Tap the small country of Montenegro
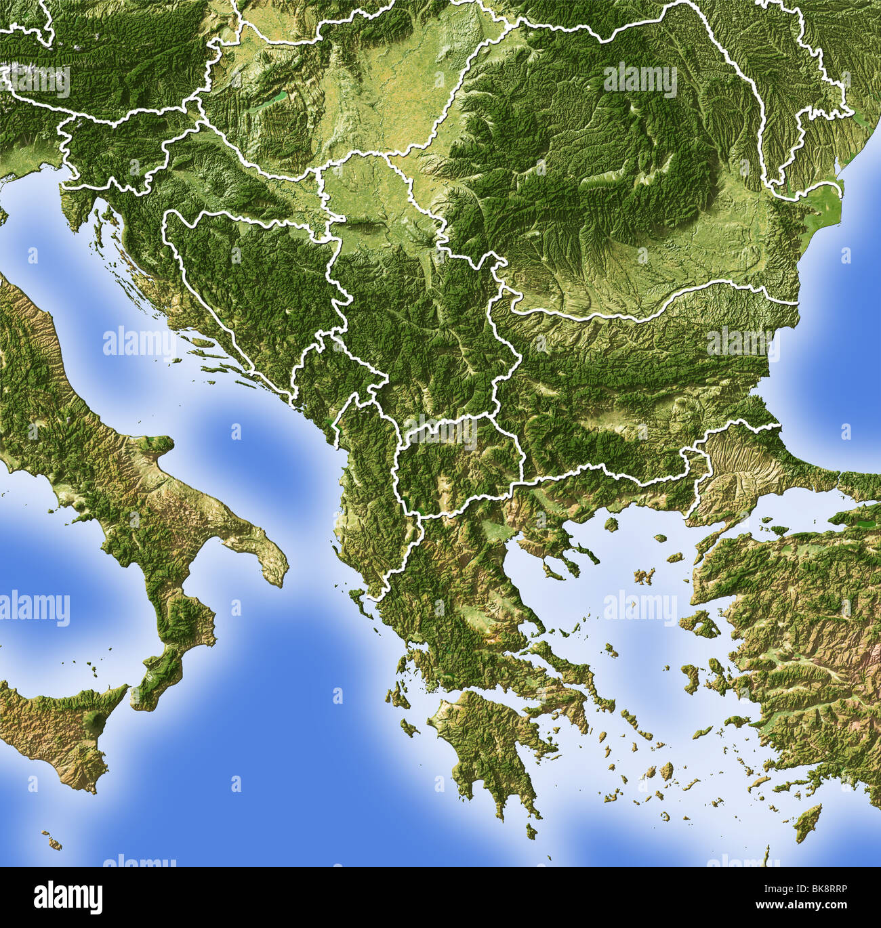[x=325, y=379]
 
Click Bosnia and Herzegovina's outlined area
[x=251, y=284]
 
